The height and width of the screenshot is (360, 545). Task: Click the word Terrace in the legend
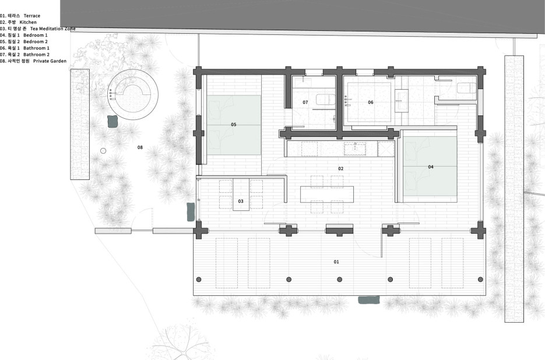[x=31, y=16]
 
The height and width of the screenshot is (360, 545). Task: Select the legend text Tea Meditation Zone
[x=52, y=29]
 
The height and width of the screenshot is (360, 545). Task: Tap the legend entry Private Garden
[x=50, y=61]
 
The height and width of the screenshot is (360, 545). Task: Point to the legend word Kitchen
[x=28, y=22]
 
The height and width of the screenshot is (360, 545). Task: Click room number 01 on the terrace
[x=336, y=262]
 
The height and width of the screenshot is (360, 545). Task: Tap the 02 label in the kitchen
[x=340, y=168]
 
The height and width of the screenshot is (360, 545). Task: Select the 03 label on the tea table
[x=241, y=201]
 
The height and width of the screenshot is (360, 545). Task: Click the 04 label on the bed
[x=431, y=167]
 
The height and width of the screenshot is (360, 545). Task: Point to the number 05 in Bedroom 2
[x=234, y=125]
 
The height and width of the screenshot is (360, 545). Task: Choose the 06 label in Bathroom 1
[x=371, y=102]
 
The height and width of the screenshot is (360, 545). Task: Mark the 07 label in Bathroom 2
[x=305, y=102]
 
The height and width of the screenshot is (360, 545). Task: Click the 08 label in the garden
[x=140, y=147]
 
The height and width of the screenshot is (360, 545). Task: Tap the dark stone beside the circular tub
[x=113, y=121]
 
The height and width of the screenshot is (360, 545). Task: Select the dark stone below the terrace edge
[x=369, y=300]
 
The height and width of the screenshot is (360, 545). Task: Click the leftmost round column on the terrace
[x=199, y=280]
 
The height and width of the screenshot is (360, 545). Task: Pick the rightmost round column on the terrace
[x=481, y=280]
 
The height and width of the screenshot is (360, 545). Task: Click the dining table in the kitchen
[x=327, y=194]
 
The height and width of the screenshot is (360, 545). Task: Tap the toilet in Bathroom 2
[x=325, y=100]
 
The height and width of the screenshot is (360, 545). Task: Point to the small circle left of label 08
[x=103, y=151]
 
